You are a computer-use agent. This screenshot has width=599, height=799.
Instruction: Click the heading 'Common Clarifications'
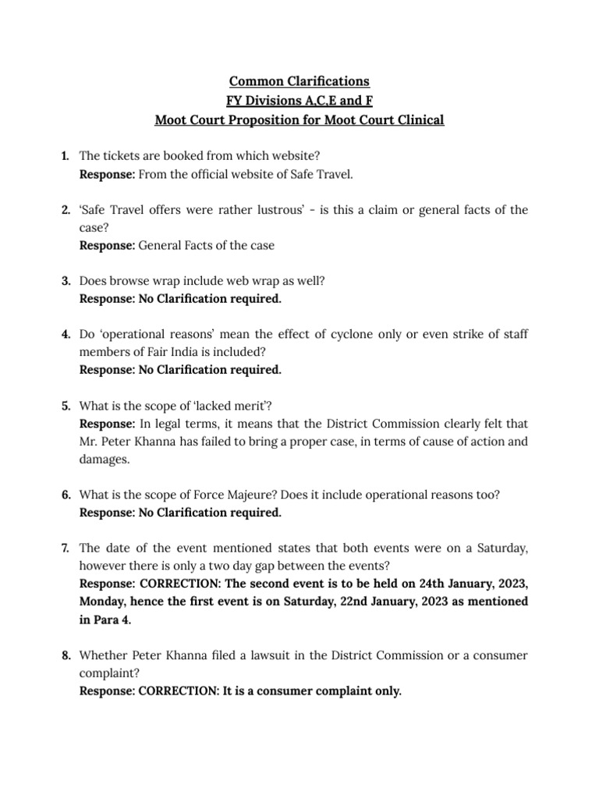[x=299, y=81]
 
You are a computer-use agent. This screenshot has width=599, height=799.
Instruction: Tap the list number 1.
[x=66, y=157]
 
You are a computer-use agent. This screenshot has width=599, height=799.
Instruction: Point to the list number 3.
[x=66, y=281]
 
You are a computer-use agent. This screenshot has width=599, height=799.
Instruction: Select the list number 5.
[x=66, y=406]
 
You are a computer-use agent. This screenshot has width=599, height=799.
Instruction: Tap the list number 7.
[x=66, y=549]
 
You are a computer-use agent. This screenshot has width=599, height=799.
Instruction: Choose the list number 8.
[x=66, y=656]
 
